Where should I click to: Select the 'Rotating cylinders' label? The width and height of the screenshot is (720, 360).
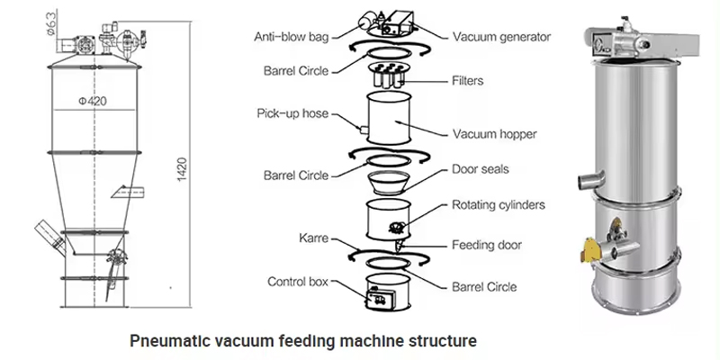click(x=498, y=205)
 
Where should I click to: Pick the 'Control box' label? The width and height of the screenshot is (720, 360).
click(x=298, y=282)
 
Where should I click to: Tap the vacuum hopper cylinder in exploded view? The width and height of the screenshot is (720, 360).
click(x=389, y=120)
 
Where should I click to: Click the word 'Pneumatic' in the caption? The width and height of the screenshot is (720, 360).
click(x=166, y=341)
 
